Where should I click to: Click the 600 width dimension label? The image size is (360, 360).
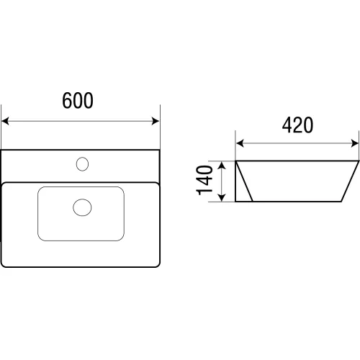pos(78,100)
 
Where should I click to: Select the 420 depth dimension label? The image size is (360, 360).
pos(297,125)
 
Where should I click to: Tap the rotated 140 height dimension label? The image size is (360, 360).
pos(204,180)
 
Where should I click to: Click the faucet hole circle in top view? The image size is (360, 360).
pos(82,164)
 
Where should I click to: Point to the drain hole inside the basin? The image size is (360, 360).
pos(82,207)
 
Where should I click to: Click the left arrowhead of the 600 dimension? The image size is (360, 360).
pos(5,121)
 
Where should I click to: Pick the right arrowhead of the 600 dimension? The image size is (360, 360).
pos(156,121)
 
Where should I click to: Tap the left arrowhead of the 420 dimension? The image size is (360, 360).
pos(240,143)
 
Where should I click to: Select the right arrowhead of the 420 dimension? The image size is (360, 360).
pos(355,143)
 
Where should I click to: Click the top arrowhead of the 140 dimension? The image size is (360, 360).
pos(222,166)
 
